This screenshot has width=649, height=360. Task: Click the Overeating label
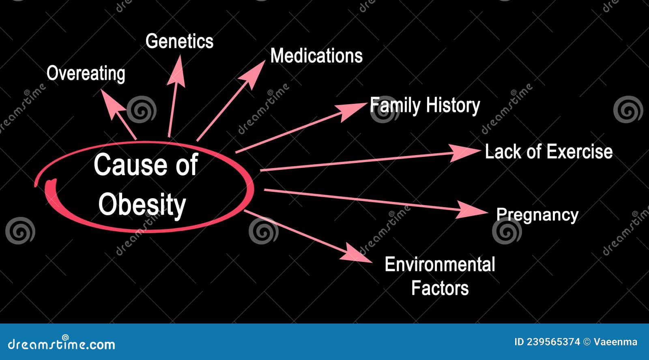click(x=86, y=74)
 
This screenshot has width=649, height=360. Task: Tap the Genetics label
click(x=179, y=41)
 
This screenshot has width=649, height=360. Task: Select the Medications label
click(x=316, y=56)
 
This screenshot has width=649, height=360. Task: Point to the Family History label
click(x=425, y=106)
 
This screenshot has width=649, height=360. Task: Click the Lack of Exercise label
click(x=548, y=152)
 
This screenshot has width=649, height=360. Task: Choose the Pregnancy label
click(x=537, y=215)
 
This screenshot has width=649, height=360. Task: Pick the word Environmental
click(x=440, y=265)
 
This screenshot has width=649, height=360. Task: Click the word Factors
click(x=440, y=288)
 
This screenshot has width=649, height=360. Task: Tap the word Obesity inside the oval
click(x=142, y=204)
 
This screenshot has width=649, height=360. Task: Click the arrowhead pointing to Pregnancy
click(x=473, y=210)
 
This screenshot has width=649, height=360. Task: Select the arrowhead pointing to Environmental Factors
click(x=356, y=253)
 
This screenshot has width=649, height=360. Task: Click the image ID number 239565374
click(x=553, y=342)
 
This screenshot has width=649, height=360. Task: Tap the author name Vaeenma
click(x=615, y=342)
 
